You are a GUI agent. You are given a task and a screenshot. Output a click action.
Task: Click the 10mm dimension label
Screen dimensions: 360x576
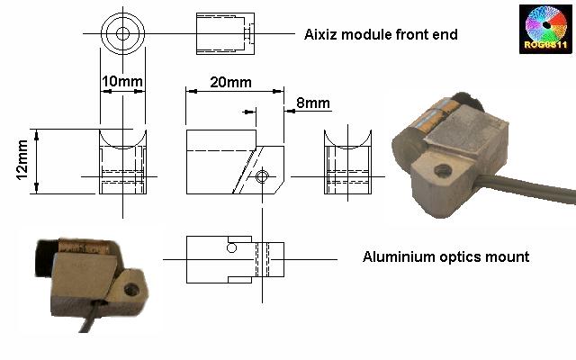click(x=121, y=82)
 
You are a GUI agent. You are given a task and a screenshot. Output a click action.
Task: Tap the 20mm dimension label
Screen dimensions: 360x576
click(x=230, y=82)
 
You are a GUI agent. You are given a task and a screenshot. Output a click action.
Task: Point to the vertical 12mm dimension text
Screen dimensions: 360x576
click(x=22, y=160)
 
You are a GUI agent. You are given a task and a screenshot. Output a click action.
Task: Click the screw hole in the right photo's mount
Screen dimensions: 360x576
click(x=442, y=169)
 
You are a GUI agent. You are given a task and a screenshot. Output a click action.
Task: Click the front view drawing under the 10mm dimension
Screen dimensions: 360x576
click(x=121, y=162)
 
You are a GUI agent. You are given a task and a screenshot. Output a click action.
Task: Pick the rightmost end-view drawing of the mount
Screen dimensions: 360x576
click(x=347, y=162)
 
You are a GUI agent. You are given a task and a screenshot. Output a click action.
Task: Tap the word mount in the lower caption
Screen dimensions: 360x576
click(x=508, y=256)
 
